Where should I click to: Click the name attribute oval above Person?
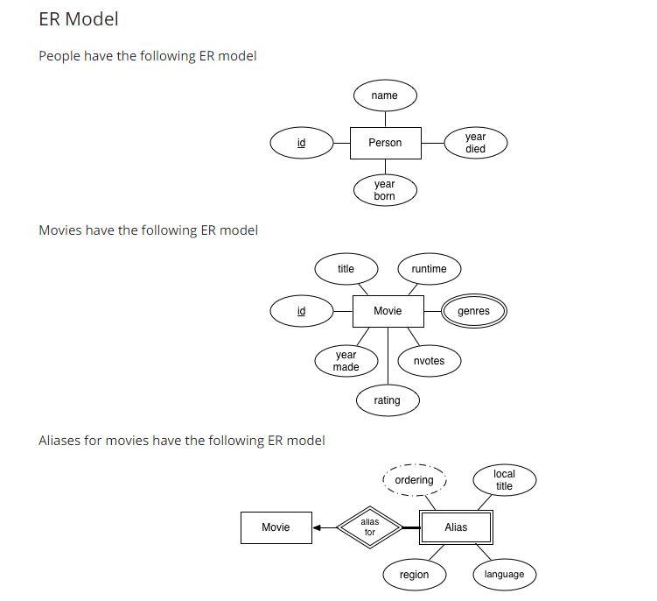coord(384,95)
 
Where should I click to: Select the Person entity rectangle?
coord(385,143)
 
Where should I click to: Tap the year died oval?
coord(475,143)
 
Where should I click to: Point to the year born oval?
coord(385,190)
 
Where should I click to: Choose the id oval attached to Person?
coord(301,143)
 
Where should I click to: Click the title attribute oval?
coord(346,269)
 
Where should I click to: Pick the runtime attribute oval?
coord(429,269)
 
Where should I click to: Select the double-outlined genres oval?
coord(473,311)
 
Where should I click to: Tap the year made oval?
coord(346,361)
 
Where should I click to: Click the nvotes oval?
coord(429,361)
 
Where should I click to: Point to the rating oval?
coord(387,400)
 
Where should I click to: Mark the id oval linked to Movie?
coord(301,311)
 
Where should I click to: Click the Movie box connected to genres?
coord(388,311)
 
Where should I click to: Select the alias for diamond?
coord(369,527)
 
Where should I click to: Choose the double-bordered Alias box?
coord(456,527)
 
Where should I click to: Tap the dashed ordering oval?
coord(414,480)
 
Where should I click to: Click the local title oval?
coord(504,480)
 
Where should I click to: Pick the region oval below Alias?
coord(414,575)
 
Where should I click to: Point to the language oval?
coord(504,575)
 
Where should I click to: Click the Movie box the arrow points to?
coord(276,527)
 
